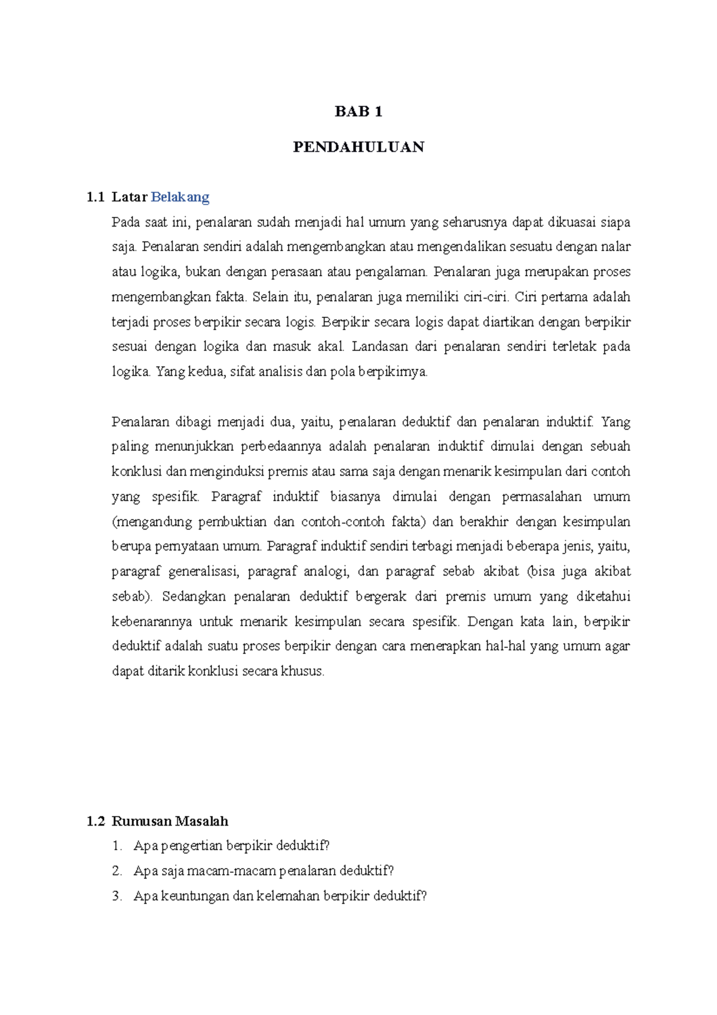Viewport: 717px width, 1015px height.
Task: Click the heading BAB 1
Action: (x=358, y=112)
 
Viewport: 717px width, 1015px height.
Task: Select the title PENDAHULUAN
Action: (x=358, y=147)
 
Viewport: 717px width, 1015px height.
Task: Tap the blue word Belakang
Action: (x=180, y=197)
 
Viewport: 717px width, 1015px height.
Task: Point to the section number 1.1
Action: (x=95, y=197)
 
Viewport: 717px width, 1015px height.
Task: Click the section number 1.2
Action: (x=95, y=821)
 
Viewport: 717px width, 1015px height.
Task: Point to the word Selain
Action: (x=269, y=297)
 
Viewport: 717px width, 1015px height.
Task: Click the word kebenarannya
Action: (x=152, y=622)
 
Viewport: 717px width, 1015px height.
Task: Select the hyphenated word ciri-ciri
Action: (x=485, y=297)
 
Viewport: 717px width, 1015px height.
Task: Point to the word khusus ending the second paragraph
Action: (x=303, y=671)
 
